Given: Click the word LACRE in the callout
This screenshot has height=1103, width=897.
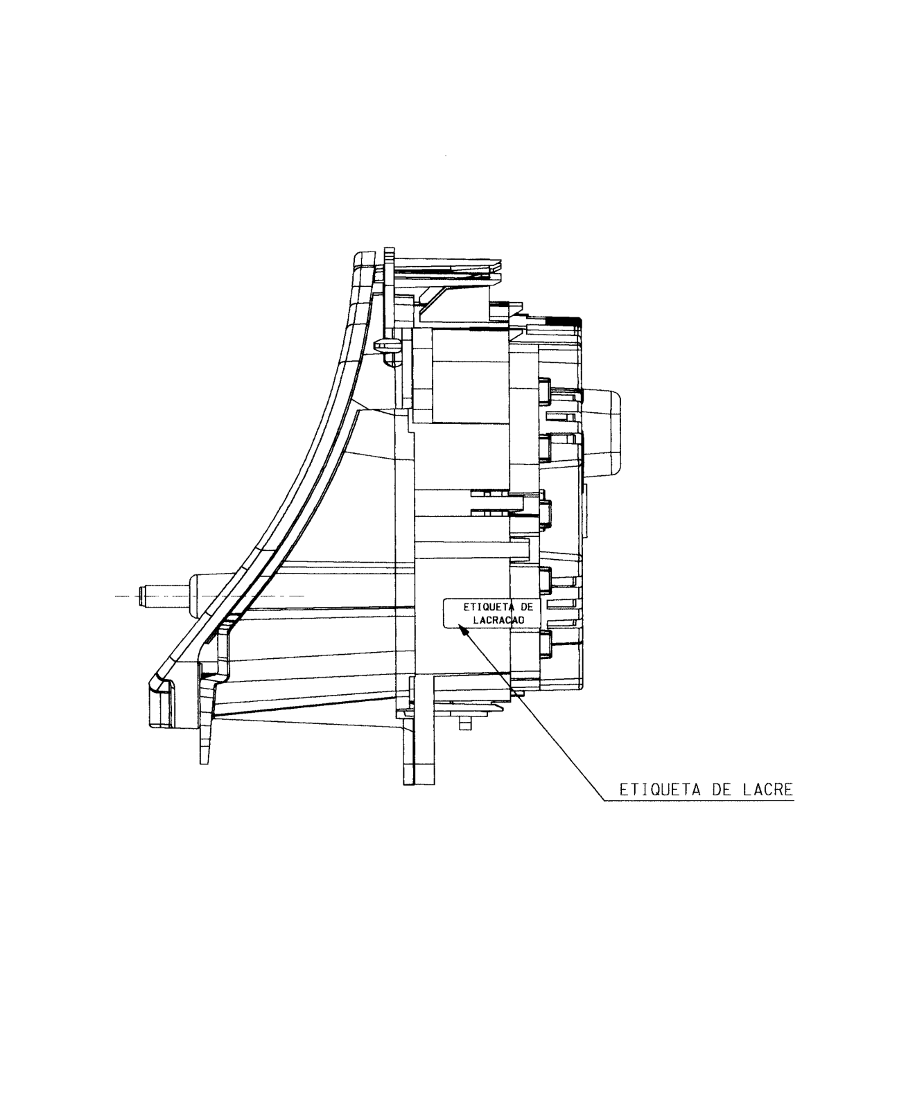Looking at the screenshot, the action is point(767,789).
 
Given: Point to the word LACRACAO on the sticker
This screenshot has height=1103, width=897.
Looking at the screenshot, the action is point(499,620).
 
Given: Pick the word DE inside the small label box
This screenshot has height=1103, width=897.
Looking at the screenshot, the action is point(527,606).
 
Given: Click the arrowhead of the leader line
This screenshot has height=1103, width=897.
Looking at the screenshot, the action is point(464,630).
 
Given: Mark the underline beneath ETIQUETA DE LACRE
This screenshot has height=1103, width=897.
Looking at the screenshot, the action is point(699,801).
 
